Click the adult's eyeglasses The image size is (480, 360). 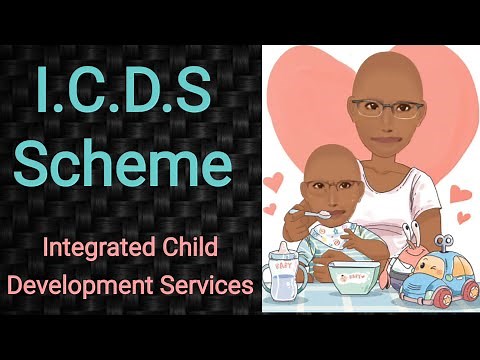click(385, 107)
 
